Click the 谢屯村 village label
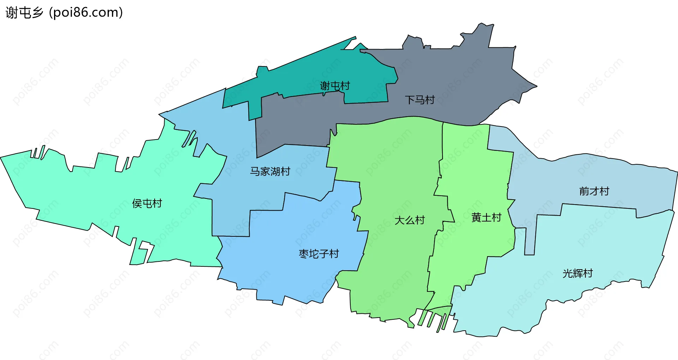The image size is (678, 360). pos(334,86)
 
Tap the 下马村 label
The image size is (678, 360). pos(420,100)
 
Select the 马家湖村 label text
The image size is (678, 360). pos(270,172)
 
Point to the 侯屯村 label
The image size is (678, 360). pos(147,203)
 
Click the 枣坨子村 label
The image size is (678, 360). pos(319,254)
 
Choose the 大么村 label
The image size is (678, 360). pos(409,220)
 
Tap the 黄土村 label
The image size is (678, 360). pos(486,218)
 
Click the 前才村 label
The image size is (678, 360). pos(594,191)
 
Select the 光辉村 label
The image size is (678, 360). pos(577,273)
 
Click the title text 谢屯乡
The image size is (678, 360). pos(24,13)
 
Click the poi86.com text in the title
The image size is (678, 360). pos(86,13)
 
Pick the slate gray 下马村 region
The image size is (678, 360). pos(459,71)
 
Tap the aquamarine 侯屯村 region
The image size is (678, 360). pos(88,191)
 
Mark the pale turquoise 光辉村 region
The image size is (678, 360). pos(583,247)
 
